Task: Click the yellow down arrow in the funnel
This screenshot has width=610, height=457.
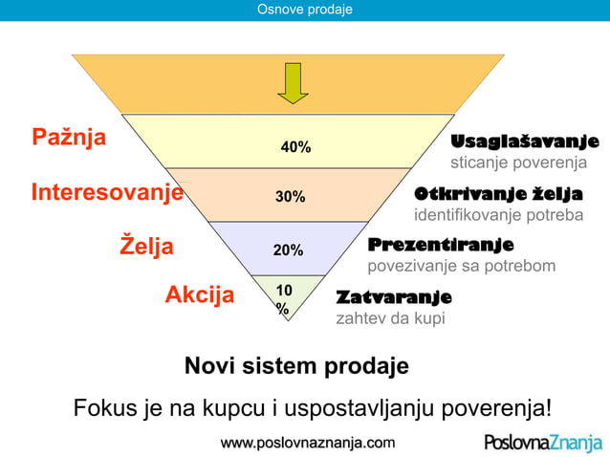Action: pyautogui.click(x=293, y=83)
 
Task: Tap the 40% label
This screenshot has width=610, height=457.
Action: pyautogui.click(x=295, y=147)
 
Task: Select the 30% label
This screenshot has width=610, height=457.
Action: pyautogui.click(x=291, y=197)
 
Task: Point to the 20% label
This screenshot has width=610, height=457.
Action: pyautogui.click(x=288, y=250)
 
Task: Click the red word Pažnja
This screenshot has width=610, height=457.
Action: pyautogui.click(x=69, y=137)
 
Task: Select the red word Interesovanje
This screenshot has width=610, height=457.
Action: pyautogui.click(x=107, y=191)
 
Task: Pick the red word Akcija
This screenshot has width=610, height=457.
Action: pyautogui.click(x=200, y=294)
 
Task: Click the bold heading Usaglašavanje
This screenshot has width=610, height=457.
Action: pyautogui.click(x=525, y=141)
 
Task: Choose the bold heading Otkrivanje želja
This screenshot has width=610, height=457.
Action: pyautogui.click(x=498, y=194)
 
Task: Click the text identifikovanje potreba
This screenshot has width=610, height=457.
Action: pyautogui.click(x=498, y=215)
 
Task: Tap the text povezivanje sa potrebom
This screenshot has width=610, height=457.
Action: pyautogui.click(x=462, y=265)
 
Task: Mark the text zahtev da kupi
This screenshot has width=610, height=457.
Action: pyautogui.click(x=390, y=318)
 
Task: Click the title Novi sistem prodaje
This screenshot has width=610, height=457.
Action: pyautogui.click(x=296, y=366)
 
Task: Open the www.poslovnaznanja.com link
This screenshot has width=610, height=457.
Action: pyautogui.click(x=307, y=443)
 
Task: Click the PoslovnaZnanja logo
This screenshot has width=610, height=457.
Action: pyautogui.click(x=542, y=443)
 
